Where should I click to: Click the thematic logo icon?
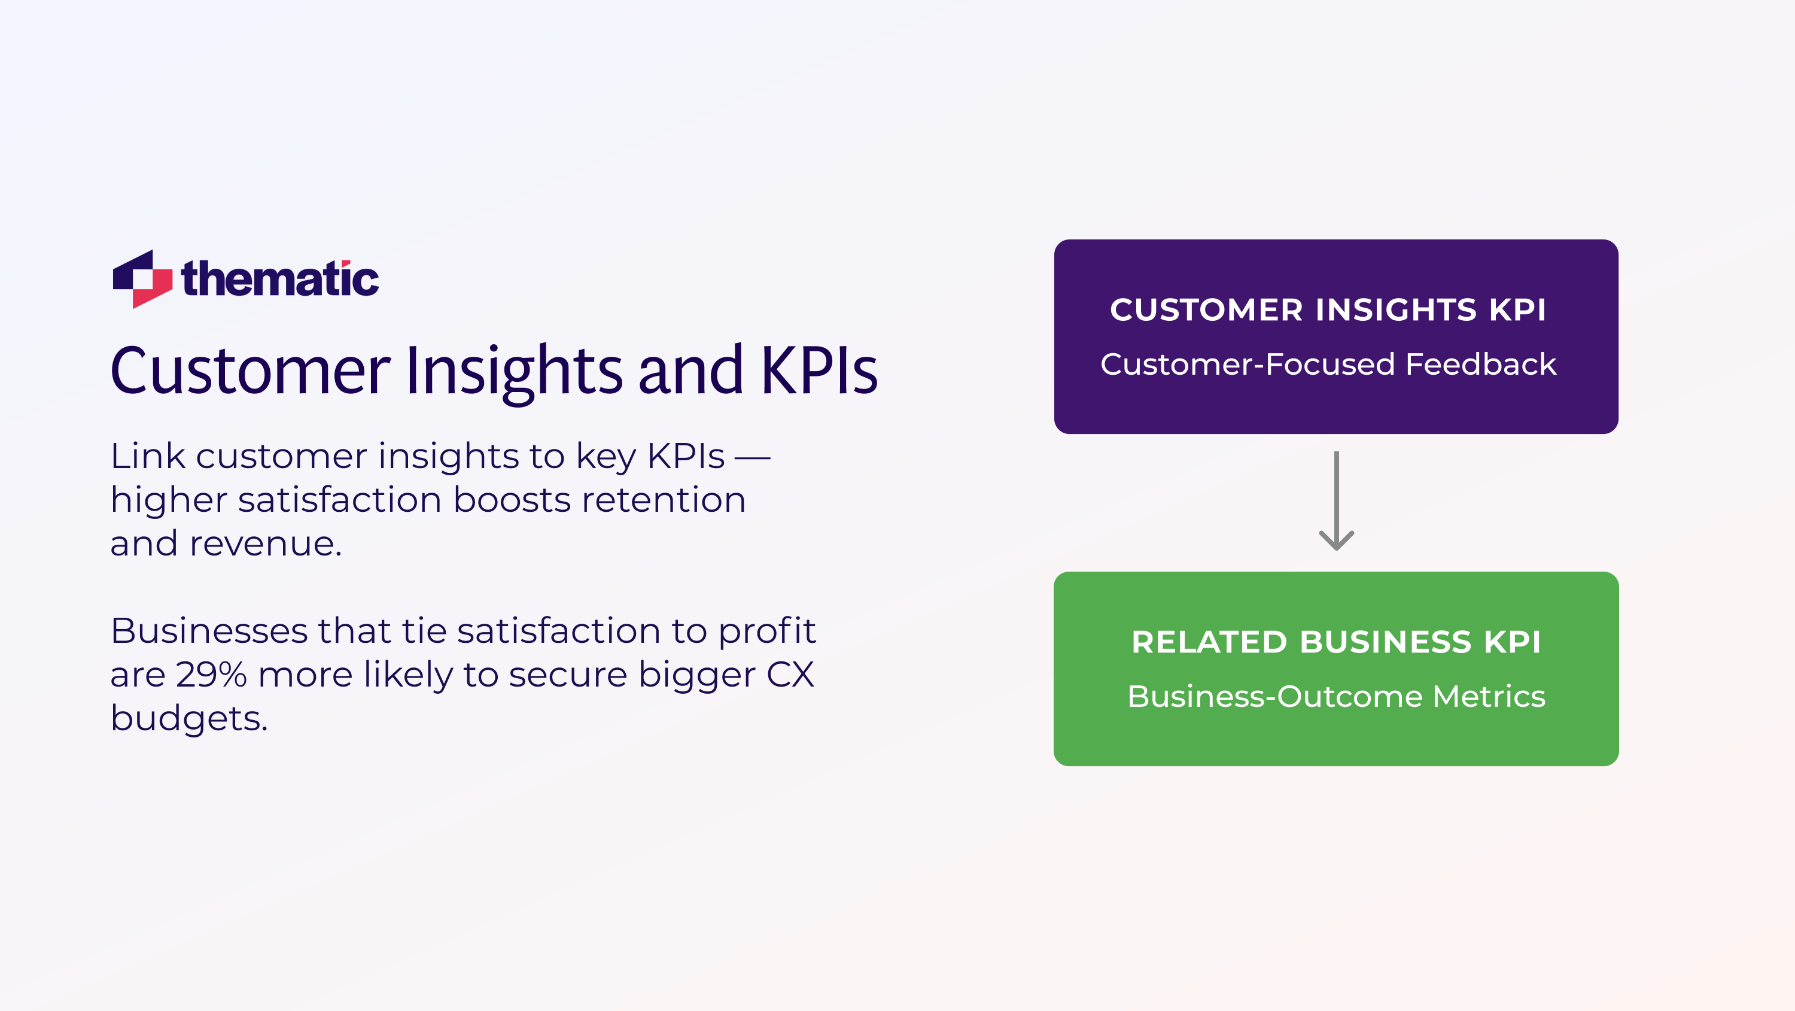point(142,279)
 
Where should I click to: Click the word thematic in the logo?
point(280,279)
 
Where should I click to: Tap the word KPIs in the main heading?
point(819,371)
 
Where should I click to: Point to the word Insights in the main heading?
point(513,371)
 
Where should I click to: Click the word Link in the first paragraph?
point(147,457)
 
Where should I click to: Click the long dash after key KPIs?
point(753,458)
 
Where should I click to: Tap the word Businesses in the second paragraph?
point(209,631)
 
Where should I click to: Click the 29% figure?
point(211,675)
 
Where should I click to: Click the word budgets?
point(188,719)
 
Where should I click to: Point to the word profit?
point(766,632)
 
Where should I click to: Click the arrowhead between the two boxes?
point(1336,540)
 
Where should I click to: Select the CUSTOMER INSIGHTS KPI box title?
point(1328,309)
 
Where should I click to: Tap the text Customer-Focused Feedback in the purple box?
point(1328,365)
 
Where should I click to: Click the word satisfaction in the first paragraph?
point(340,500)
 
